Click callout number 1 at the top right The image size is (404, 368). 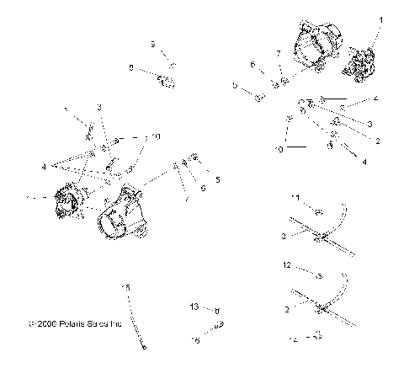click(x=380, y=19)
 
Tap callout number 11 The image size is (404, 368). click(x=295, y=197)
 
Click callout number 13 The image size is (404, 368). click(x=194, y=307)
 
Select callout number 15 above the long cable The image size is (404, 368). click(x=127, y=288)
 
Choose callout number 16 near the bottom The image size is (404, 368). click(x=195, y=339)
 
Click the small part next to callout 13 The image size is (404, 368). click(x=215, y=310)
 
